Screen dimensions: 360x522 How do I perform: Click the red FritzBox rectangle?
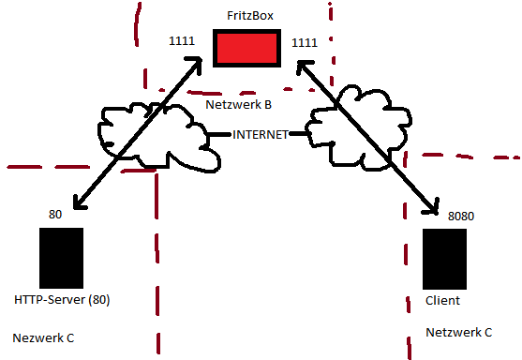(x=246, y=48)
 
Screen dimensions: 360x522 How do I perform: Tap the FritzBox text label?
(x=249, y=16)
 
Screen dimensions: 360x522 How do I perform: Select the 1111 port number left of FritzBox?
(x=181, y=42)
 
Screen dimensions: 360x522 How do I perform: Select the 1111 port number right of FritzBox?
(x=306, y=42)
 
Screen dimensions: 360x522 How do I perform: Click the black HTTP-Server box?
(x=62, y=258)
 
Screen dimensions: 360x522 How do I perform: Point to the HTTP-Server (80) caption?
(x=63, y=300)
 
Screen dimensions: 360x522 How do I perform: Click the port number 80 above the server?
(x=55, y=215)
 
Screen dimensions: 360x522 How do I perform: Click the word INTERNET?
(x=261, y=133)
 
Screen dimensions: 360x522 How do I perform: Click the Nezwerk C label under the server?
(x=43, y=337)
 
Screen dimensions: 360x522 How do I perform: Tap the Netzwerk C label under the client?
(x=458, y=332)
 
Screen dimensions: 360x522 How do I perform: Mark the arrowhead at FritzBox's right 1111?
(x=304, y=67)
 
